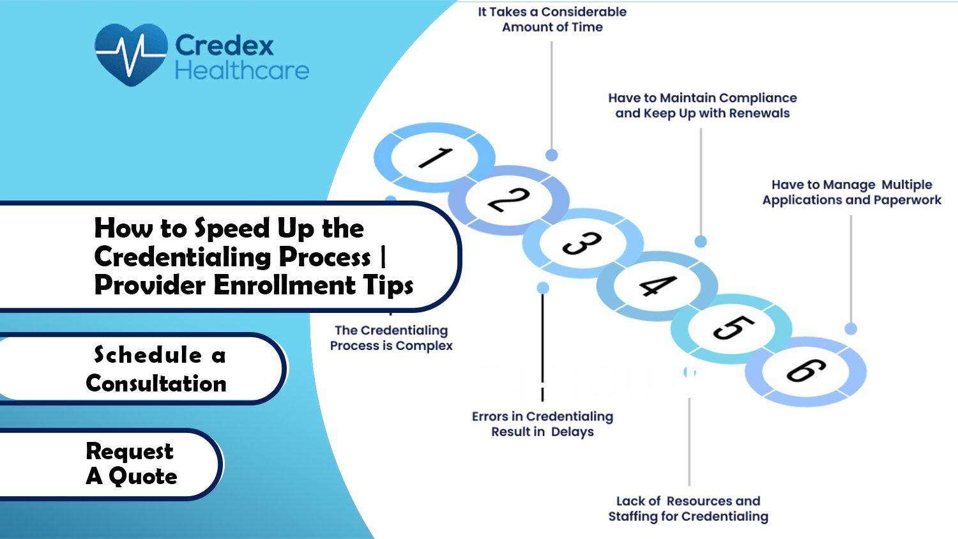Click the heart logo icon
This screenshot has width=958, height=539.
coord(131,54)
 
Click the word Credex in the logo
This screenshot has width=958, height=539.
coord(224,45)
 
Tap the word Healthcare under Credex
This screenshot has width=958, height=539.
coord(241,70)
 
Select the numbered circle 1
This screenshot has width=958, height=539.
coord(435,157)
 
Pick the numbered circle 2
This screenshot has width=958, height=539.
coord(508,200)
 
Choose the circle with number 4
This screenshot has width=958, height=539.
coord(657,286)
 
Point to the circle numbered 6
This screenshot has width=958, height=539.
coord(805,371)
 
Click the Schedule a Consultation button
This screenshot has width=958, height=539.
coord(156,369)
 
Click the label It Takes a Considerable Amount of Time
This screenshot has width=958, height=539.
coord(552,19)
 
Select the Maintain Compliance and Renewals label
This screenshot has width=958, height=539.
coord(702,105)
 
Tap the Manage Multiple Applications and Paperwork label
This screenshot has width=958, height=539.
coord(851,192)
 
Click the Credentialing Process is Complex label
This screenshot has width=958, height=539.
coord(391,338)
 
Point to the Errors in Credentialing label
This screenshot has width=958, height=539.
coord(542,424)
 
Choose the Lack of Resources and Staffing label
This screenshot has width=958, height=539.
coord(688,509)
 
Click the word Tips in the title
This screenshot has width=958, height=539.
coord(389,285)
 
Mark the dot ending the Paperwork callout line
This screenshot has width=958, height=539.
coord(851,329)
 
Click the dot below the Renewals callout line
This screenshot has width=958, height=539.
coord(701,241)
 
